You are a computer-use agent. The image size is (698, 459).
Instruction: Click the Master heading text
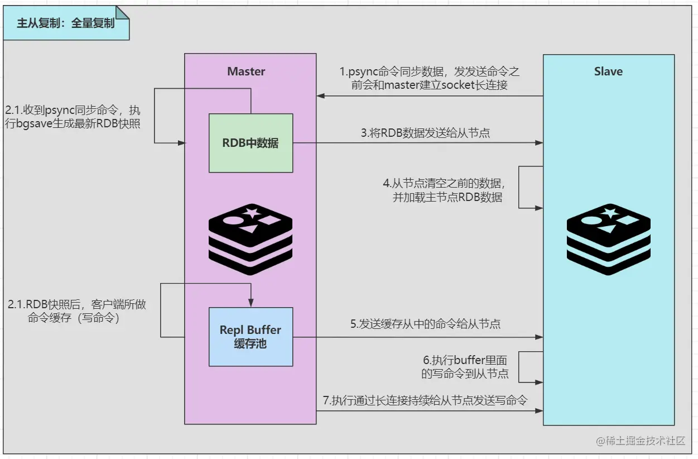coord(246,71)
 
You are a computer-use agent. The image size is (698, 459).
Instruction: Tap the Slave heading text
coord(608,71)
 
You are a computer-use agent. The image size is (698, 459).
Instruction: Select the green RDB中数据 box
coord(251,143)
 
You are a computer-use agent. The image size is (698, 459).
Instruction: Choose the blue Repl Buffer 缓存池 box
coord(251,337)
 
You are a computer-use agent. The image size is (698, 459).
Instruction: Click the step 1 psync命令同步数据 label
coord(430,79)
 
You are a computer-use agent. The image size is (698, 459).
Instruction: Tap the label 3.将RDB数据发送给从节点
coord(426,133)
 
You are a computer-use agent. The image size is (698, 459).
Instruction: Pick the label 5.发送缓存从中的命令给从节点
coord(425,324)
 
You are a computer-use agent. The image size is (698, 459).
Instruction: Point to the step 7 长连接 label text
coord(425,400)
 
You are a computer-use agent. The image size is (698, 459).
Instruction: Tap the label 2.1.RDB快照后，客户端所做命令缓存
coord(77,312)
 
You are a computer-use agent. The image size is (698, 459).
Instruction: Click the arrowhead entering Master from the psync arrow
coord(320,96)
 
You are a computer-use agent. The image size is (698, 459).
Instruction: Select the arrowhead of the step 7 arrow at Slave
coord(540,411)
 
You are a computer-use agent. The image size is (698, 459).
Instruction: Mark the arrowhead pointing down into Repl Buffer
coord(251,304)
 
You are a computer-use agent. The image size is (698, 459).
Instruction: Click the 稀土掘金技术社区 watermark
coord(640,441)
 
